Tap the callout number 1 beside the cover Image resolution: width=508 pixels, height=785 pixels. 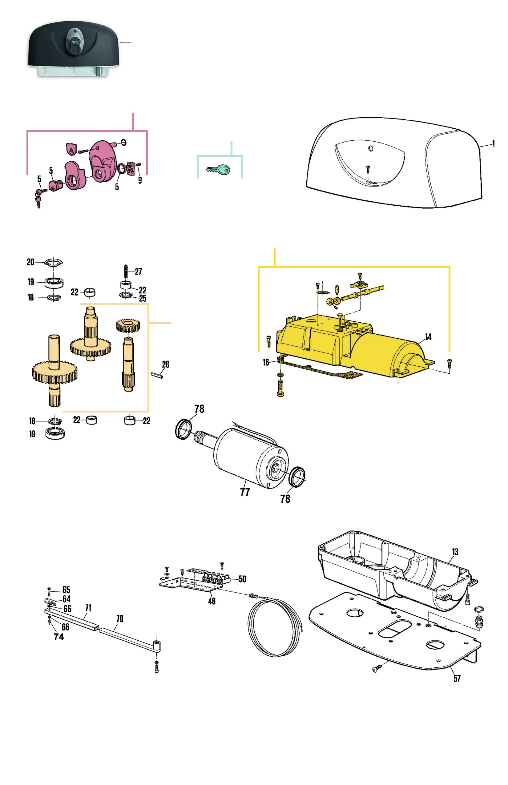click(x=494, y=144)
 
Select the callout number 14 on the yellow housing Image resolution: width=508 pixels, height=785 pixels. click(x=428, y=337)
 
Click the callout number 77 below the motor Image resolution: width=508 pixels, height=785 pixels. click(x=245, y=492)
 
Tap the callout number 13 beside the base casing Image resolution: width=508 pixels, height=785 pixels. click(x=455, y=552)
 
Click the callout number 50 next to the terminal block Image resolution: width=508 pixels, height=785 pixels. click(x=243, y=579)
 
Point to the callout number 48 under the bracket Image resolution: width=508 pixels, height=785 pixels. click(x=212, y=601)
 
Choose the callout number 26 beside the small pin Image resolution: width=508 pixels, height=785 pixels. click(x=166, y=364)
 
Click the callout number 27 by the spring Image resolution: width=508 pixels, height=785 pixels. click(x=139, y=272)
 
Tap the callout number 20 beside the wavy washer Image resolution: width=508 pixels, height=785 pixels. click(x=30, y=262)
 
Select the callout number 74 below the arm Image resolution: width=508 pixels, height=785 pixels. click(x=59, y=637)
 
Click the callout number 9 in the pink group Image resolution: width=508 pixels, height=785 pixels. click(x=140, y=180)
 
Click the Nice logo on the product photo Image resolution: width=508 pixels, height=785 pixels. click(x=75, y=42)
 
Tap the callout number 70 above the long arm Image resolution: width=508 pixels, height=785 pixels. click(x=120, y=619)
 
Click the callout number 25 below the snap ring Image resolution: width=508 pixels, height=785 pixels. click(x=143, y=299)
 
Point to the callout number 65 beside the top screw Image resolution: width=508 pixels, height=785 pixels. click(x=66, y=590)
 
